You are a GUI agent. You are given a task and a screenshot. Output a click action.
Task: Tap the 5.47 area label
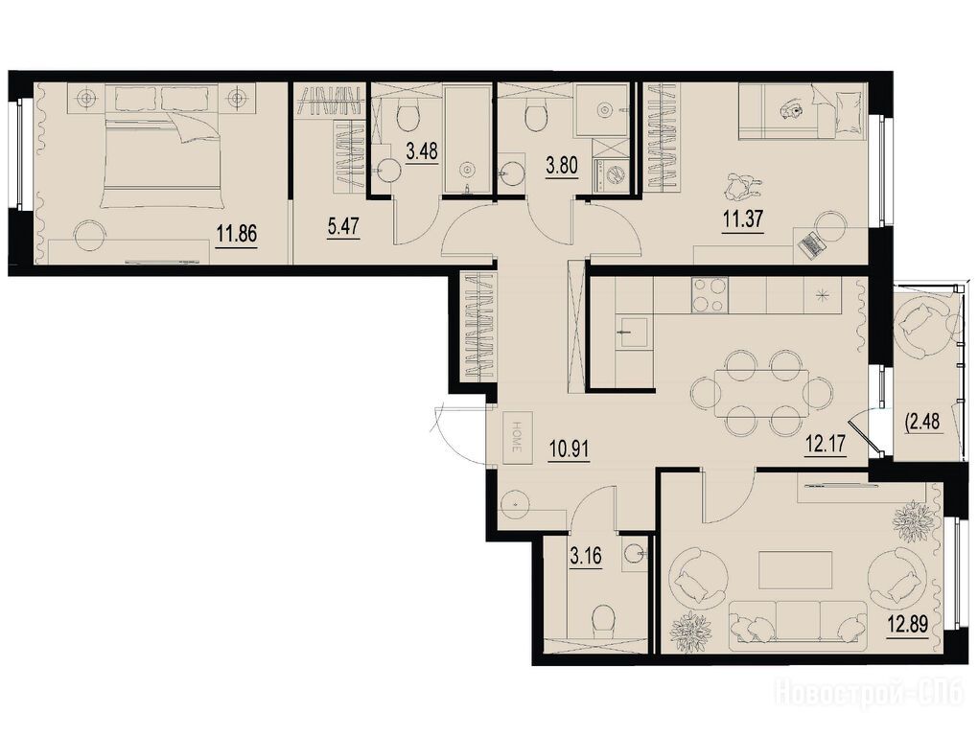343,225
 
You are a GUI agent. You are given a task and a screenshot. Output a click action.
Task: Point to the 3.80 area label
562,165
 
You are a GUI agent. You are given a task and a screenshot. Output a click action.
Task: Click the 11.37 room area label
743,219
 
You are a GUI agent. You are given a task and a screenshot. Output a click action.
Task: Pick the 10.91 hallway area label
570,448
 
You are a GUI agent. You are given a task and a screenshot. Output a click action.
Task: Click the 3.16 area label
586,555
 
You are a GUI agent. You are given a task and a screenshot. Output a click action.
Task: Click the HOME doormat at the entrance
517,437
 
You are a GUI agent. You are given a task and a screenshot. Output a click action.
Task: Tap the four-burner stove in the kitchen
710,295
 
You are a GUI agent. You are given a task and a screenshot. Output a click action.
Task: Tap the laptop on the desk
811,244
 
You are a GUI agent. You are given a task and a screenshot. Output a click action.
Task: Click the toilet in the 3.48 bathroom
408,114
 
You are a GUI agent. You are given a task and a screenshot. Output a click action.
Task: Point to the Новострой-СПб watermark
870,693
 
